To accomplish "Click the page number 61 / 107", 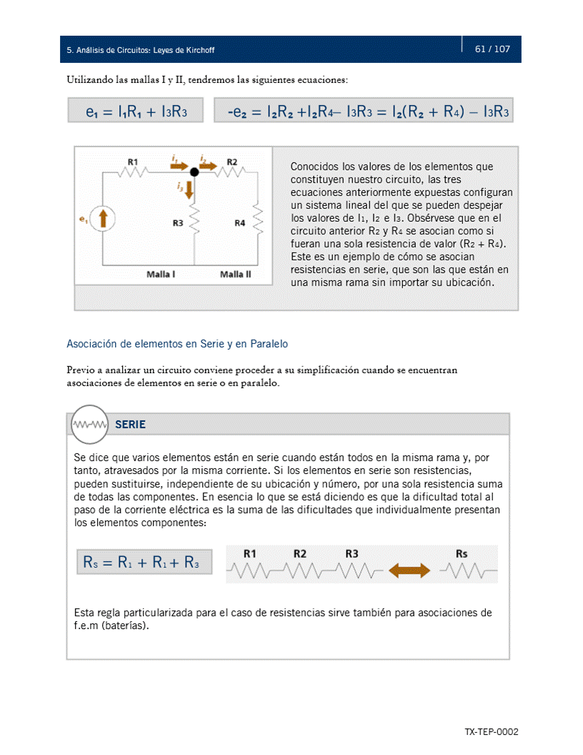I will (x=492, y=49).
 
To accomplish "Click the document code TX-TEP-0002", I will (x=491, y=732).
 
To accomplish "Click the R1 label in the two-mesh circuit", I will (x=133, y=162).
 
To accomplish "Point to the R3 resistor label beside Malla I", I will (x=178, y=223).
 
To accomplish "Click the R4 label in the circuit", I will (x=240, y=223).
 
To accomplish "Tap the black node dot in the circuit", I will (x=194, y=172).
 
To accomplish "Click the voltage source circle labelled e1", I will (x=104, y=219).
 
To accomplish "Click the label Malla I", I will (x=161, y=274).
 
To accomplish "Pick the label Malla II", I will (x=236, y=274).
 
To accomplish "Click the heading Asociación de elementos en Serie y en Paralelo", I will (x=177, y=344).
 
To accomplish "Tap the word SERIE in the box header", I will (x=130, y=425).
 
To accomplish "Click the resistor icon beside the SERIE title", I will (x=89, y=425).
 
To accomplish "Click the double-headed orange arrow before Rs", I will (x=409, y=570).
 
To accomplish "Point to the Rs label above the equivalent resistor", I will (x=462, y=553).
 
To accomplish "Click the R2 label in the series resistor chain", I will (x=299, y=553).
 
